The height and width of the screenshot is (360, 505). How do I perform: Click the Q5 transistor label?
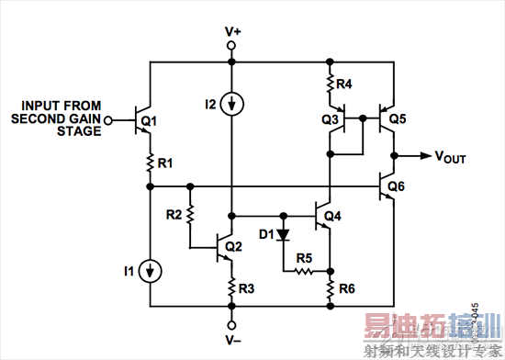pyautogui.click(x=397, y=119)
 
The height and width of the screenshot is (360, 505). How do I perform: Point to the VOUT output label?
pyautogui.click(x=450, y=157)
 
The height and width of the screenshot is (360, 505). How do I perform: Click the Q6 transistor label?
pyautogui.click(x=397, y=186)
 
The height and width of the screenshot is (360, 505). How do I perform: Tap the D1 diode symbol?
pyautogui.click(x=283, y=234)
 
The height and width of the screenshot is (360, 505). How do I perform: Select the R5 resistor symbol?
pyautogui.click(x=306, y=272)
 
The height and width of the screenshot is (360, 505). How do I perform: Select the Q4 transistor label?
pyautogui.click(x=332, y=216)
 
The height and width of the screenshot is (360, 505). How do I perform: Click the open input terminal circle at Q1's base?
pyautogui.click(x=108, y=119)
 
